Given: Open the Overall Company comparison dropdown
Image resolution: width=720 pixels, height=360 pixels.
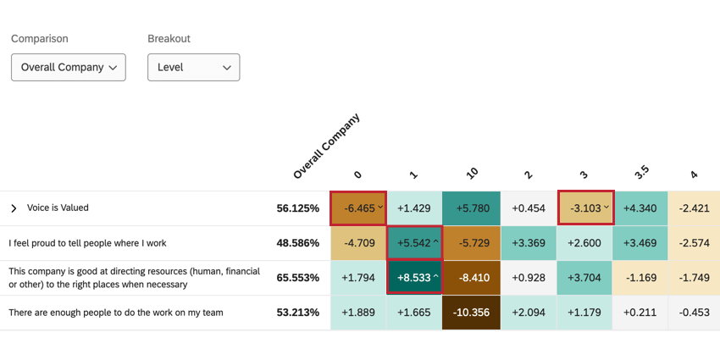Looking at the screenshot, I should (68, 67).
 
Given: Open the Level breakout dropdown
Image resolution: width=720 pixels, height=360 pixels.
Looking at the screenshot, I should (193, 67).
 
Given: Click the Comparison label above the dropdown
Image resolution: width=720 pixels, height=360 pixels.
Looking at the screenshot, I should (39, 39).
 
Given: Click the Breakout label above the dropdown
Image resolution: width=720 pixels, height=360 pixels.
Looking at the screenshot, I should (169, 39).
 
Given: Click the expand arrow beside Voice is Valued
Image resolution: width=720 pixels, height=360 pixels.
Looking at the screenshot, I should (14, 208).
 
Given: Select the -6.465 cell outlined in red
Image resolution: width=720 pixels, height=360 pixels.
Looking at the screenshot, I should (357, 208).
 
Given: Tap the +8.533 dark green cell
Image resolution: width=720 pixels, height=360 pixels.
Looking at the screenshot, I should (414, 277).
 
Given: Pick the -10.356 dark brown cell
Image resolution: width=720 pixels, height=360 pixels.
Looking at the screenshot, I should (471, 313).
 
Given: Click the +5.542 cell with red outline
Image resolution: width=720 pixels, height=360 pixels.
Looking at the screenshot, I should (414, 243).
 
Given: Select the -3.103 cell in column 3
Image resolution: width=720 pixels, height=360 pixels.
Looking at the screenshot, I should (585, 208).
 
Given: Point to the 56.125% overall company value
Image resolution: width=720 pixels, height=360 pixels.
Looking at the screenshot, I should (297, 208).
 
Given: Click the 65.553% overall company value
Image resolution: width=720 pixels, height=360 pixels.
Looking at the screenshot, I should (297, 278).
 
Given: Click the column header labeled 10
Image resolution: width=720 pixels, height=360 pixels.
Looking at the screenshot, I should (472, 173).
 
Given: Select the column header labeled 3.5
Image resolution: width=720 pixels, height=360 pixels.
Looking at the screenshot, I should (641, 172).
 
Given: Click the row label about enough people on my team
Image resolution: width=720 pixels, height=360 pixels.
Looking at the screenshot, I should (116, 313).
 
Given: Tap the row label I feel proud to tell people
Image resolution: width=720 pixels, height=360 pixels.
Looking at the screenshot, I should (87, 243).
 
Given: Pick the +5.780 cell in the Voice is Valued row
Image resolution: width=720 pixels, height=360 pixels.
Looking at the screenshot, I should (471, 208).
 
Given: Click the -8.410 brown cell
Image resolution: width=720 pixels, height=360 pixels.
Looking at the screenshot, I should (471, 278).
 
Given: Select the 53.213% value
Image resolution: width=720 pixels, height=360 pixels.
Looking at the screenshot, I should (297, 313).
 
